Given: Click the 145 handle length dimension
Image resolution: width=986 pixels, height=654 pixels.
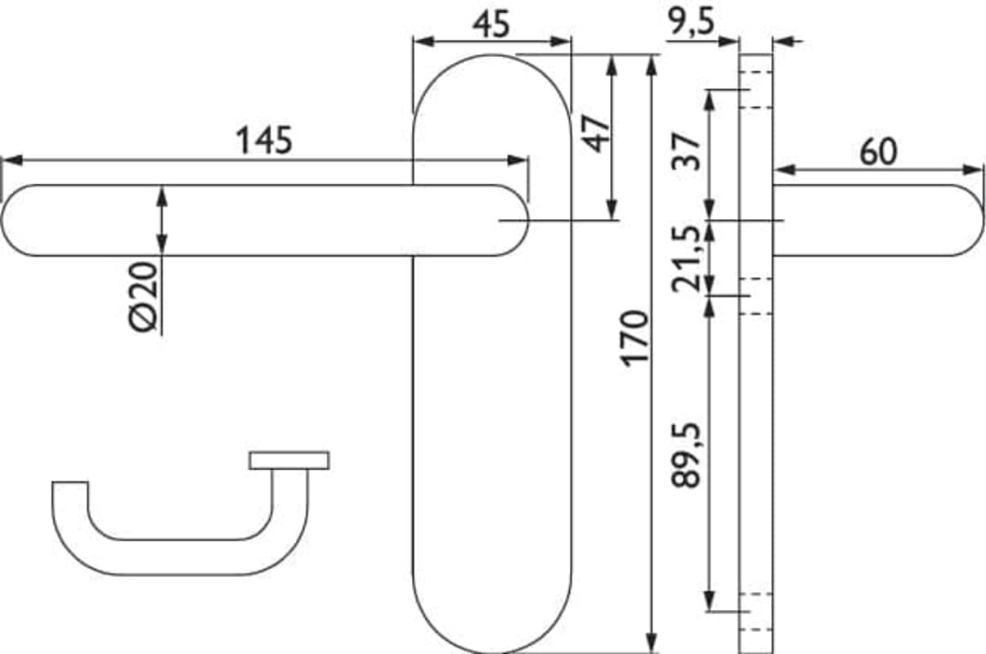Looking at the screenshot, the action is [264, 141].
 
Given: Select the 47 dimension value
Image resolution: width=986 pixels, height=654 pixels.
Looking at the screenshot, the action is [596, 134].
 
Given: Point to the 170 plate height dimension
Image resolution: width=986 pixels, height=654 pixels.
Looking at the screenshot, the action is [634, 338].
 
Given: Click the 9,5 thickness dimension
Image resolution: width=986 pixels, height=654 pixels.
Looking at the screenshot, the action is [690, 20].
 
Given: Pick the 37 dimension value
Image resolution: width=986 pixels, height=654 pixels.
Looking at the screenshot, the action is [686, 151].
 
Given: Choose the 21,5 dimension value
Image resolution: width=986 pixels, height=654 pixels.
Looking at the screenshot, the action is [686, 259].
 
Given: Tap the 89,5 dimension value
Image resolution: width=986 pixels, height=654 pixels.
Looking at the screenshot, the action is [686, 455].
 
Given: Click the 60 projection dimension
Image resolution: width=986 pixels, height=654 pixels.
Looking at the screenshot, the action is [878, 152].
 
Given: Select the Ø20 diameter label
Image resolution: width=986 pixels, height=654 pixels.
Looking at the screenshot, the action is [143, 296].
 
